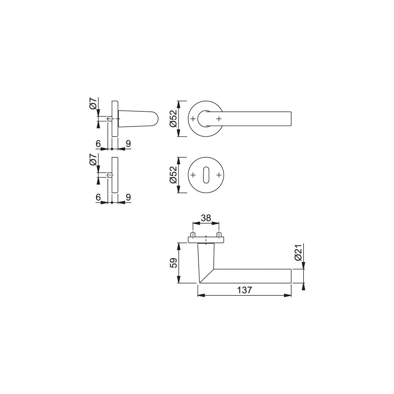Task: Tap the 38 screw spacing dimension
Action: (206, 218)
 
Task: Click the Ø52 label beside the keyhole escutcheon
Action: (174, 175)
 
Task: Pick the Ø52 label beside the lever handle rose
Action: (174, 119)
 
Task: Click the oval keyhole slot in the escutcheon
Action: (206, 175)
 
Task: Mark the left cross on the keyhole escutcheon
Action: (193, 175)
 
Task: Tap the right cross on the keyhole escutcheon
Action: (219, 175)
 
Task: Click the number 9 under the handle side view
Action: (128, 144)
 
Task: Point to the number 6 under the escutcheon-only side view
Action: (98, 197)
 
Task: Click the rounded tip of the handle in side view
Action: (155, 119)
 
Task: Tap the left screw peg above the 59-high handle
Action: (193, 235)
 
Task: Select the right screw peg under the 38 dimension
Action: (219, 235)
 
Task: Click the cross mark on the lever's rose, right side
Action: (219, 119)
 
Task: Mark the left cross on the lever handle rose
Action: (193, 119)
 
